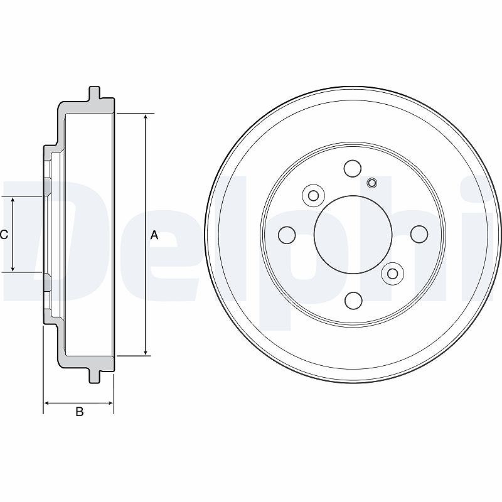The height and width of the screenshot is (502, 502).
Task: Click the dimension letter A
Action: click(x=154, y=235)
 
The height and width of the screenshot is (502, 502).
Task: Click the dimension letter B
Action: click(x=80, y=412)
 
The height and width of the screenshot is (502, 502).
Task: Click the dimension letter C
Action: click(x=4, y=235)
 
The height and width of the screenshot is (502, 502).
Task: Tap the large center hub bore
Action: click(x=353, y=235)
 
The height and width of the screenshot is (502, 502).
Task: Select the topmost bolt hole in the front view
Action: click(x=353, y=168)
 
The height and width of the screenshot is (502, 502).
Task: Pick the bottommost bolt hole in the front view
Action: click(x=354, y=301)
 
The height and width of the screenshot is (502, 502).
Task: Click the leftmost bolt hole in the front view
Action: click(x=287, y=235)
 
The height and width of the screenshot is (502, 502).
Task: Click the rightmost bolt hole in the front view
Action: click(x=419, y=234)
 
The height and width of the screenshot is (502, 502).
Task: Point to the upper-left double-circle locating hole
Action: click(x=313, y=196)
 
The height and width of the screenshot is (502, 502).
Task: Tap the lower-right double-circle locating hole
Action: click(x=393, y=274)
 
